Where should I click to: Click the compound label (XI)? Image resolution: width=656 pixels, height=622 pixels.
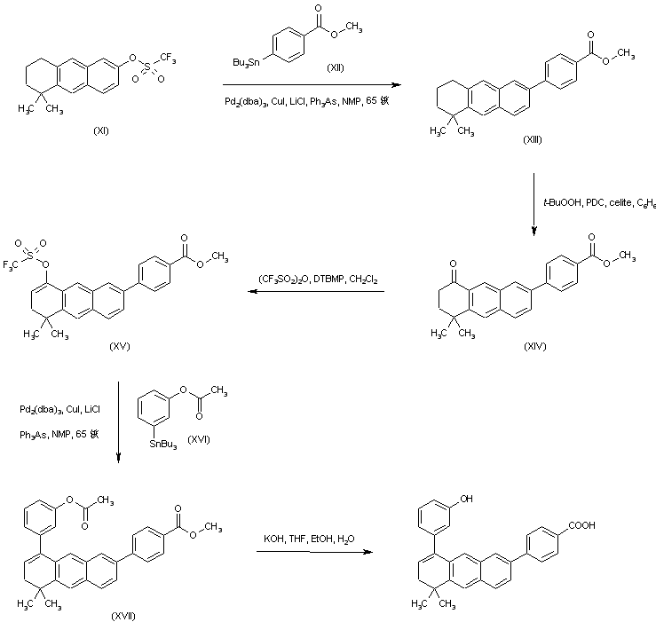tap(102, 131)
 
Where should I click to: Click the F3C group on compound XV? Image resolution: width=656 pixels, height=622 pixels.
tap(17, 264)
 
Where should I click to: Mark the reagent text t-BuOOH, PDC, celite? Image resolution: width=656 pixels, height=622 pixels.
tap(600, 203)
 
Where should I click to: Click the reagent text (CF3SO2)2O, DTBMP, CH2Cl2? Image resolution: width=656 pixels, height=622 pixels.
tap(318, 279)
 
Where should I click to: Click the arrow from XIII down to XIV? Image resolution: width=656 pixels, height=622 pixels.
tap(534, 205)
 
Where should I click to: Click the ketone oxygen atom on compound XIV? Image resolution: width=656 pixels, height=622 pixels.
tap(437, 251)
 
